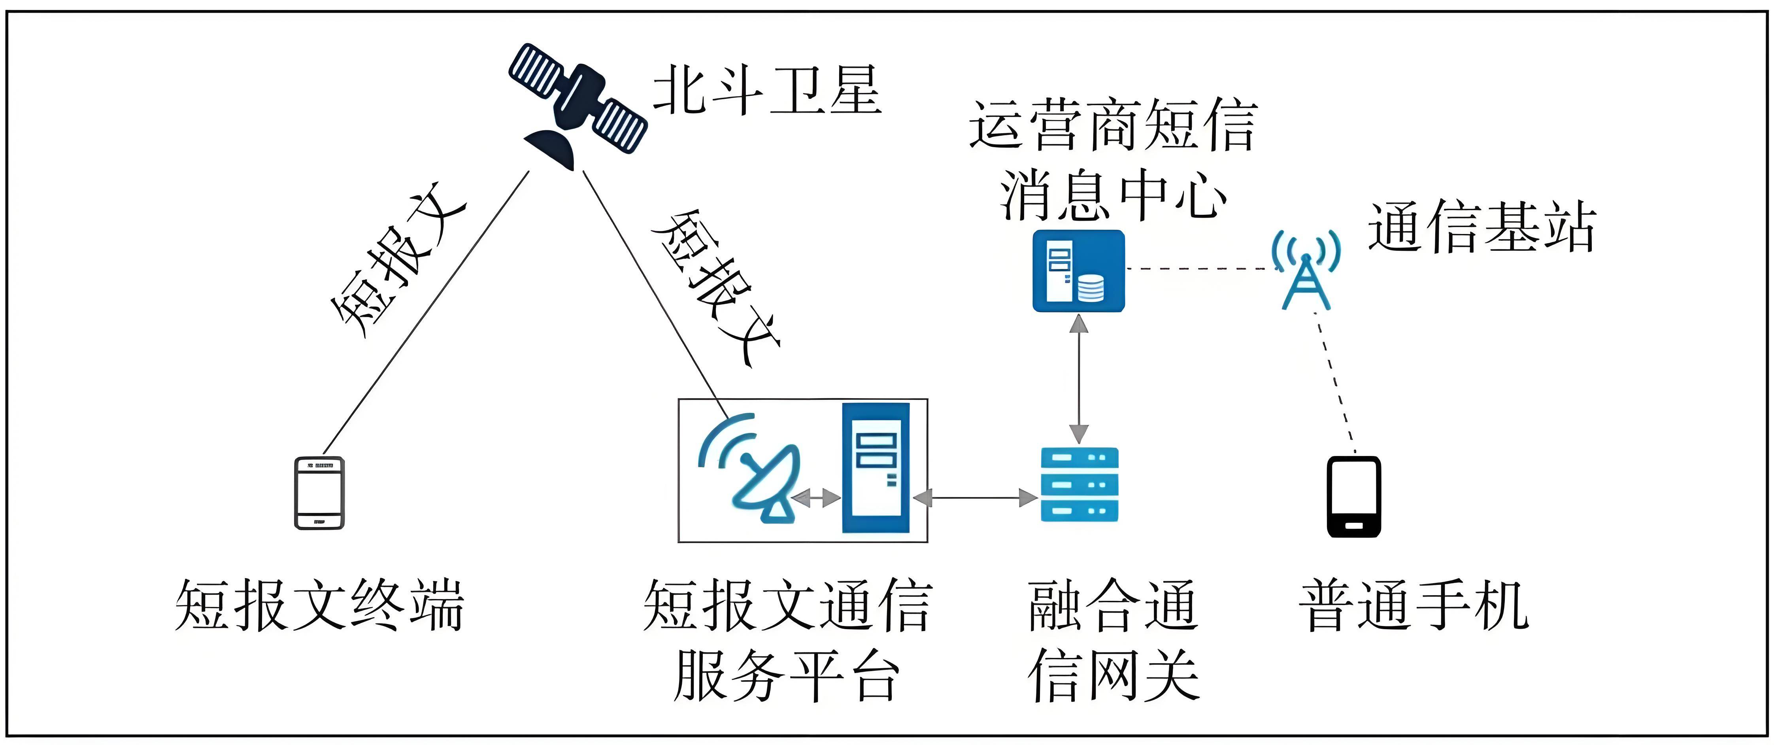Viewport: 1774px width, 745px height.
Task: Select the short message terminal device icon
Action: (x=319, y=493)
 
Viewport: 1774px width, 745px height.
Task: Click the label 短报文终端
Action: (x=319, y=605)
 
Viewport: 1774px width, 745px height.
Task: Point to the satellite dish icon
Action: (x=751, y=469)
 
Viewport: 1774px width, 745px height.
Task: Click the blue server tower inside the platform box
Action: (x=876, y=469)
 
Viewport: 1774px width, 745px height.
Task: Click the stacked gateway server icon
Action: (x=1079, y=484)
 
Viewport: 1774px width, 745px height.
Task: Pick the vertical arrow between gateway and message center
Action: (x=1079, y=379)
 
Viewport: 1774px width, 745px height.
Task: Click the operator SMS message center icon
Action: (x=1078, y=271)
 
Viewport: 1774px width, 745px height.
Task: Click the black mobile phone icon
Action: (x=1353, y=496)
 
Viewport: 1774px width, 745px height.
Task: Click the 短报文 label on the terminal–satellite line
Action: (x=398, y=261)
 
